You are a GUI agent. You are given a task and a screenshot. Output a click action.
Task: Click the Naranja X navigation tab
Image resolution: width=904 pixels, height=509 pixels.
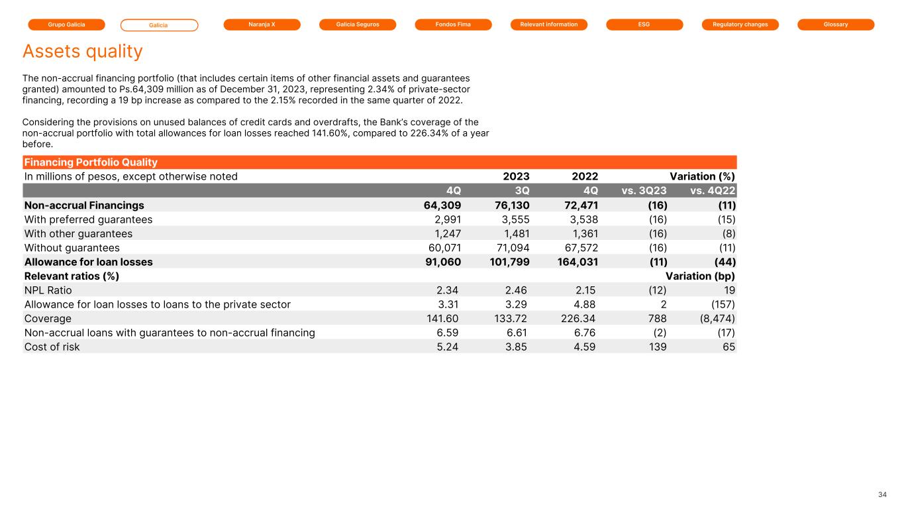[262, 25]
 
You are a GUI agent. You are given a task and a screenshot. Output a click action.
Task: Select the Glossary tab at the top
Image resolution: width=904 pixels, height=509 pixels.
[836, 25]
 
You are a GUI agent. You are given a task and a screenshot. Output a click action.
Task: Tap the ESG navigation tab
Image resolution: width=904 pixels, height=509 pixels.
[644, 25]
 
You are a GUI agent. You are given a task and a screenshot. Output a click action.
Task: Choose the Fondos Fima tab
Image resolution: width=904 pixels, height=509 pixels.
[453, 25]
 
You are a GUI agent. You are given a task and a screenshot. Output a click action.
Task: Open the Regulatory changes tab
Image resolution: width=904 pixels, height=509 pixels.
[740, 25]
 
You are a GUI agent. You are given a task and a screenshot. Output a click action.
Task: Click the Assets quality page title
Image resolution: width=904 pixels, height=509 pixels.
[83, 51]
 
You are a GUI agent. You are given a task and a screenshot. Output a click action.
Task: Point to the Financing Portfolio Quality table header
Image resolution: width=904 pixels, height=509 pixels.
[91, 162]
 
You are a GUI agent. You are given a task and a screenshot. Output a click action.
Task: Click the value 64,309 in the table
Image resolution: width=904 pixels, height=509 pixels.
[442, 205]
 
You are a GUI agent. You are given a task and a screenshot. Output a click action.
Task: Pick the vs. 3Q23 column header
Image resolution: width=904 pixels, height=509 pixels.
[644, 191]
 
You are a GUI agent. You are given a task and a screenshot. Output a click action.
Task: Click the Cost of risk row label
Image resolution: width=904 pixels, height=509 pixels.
[52, 347]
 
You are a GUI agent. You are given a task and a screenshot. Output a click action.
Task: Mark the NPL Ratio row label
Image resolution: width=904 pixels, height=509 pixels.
[48, 290]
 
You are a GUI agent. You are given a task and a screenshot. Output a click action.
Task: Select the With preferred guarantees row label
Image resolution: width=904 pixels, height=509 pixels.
[88, 219]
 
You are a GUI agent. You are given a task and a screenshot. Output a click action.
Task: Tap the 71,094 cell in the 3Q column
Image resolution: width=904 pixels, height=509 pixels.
[512, 248]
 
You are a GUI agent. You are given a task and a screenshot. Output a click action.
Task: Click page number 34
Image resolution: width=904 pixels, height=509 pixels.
[882, 495]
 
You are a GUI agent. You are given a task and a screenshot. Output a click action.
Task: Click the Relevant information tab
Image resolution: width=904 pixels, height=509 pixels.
[549, 25]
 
